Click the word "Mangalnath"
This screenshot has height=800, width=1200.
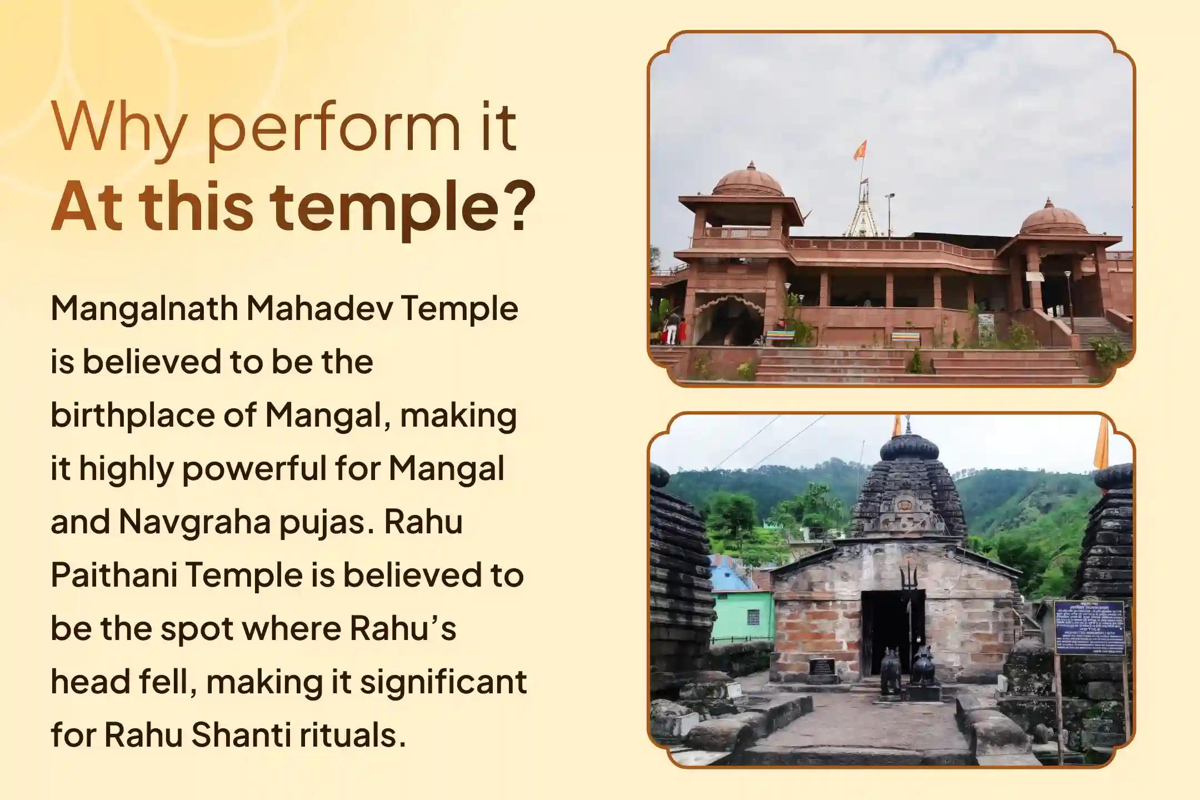pyautogui.click(x=144, y=309)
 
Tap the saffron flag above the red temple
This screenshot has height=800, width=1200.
pyautogui.click(x=861, y=149)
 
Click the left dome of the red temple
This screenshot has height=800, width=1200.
pyautogui.click(x=747, y=181)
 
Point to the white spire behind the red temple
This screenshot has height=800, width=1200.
pyautogui.click(x=864, y=214)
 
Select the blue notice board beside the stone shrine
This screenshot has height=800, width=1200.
pyautogui.click(x=1089, y=627)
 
